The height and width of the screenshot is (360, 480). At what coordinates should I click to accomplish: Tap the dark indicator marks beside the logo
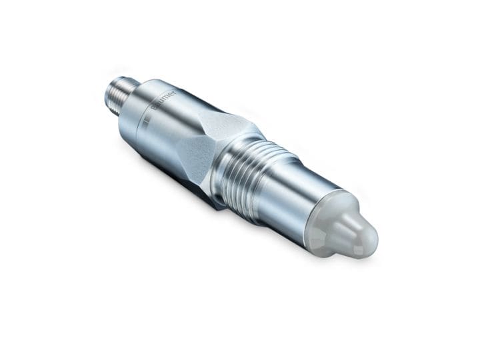(x=149, y=121)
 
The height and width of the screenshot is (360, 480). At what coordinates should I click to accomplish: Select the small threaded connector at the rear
(x=121, y=93)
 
